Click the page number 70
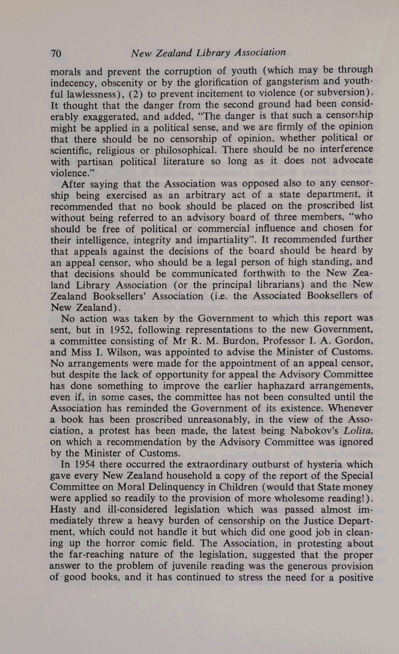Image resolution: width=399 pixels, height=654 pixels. pyautogui.click(x=56, y=54)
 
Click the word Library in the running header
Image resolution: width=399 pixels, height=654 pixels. pyautogui.click(x=213, y=53)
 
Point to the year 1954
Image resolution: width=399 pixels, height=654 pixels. pyautogui.click(x=84, y=465)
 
